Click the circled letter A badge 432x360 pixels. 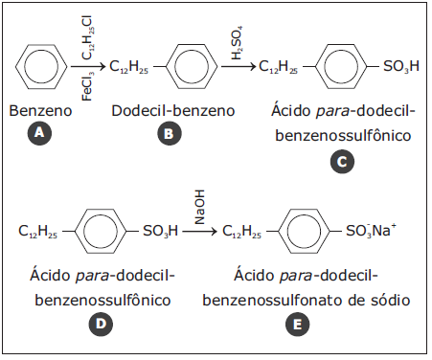(39, 132)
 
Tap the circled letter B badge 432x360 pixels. (169, 133)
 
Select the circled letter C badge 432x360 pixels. (342, 162)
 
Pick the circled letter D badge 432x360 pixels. (101, 325)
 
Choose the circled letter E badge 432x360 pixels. (297, 325)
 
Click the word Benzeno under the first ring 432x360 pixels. (40, 111)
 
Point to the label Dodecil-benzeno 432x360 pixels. (173, 111)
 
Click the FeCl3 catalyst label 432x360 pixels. (87, 86)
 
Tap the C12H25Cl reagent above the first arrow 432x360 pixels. (87, 37)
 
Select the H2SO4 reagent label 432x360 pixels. (237, 43)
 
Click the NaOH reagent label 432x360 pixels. (199, 208)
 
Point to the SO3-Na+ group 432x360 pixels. (371, 230)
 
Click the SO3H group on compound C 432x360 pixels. (401, 66)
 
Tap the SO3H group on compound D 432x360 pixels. (160, 231)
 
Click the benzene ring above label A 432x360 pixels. (41, 67)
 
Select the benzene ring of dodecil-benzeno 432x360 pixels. (192, 67)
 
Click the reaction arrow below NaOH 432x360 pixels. (199, 231)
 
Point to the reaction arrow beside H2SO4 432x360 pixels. (239, 66)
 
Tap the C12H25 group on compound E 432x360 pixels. (241, 231)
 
